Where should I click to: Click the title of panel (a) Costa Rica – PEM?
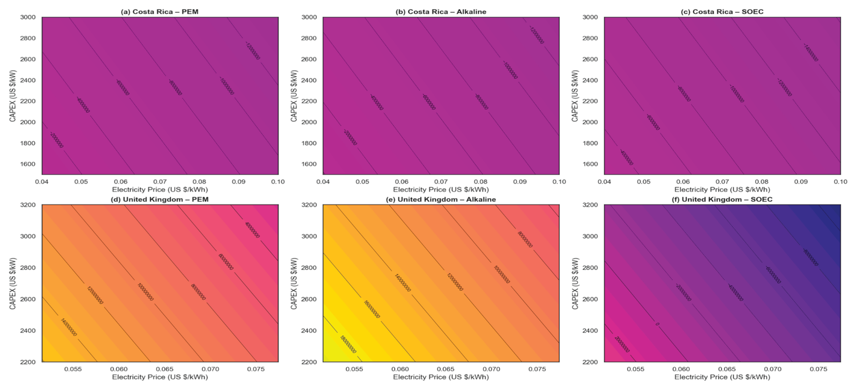pos(160,12)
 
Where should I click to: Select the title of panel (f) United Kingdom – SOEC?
pos(722,199)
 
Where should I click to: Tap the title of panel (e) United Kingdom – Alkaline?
pos(441,199)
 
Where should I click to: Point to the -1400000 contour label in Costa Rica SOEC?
pos(810,53)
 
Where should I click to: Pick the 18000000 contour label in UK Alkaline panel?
pos(348,344)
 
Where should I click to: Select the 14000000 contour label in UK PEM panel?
pos(69,327)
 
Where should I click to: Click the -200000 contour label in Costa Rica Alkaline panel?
pos(350,137)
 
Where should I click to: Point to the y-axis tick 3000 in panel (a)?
pos(28,17)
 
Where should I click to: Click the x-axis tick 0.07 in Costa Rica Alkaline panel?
pos(441,182)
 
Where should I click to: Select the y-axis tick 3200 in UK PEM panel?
pos(28,205)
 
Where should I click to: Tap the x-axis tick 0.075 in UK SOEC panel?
pos(818,369)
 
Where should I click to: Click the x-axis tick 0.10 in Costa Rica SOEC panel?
pos(841,182)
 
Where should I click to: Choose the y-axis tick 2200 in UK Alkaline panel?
pos(309,362)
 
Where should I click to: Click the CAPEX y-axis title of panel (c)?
pos(575,96)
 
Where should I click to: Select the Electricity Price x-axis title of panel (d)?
pos(160,377)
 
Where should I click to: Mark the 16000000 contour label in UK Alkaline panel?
pos(372,309)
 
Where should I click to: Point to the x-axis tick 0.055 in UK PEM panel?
pos(73,369)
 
